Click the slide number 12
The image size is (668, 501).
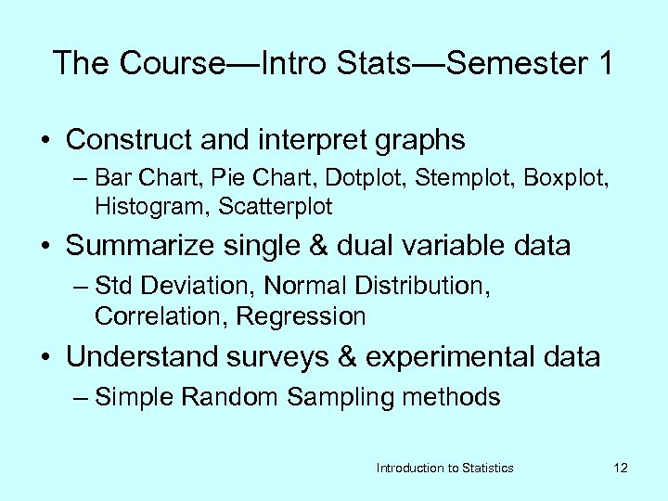click(621, 468)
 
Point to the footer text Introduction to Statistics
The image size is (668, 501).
click(444, 468)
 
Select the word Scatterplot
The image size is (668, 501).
click(276, 204)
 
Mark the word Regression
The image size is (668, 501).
click(301, 316)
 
